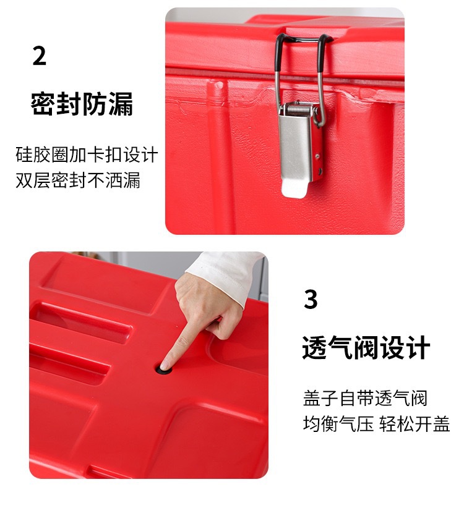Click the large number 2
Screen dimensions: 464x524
(x=39, y=56)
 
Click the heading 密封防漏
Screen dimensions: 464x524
(x=82, y=104)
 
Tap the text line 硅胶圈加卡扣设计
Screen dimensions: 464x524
(x=87, y=154)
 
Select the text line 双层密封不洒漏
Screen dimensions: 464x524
(x=78, y=180)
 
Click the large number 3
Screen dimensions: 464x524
(x=311, y=299)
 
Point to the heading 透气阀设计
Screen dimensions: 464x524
(x=366, y=347)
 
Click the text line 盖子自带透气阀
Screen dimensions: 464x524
(x=365, y=398)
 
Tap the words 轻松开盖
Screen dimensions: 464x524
(x=415, y=424)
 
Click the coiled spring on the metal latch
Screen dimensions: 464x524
(x=299, y=108)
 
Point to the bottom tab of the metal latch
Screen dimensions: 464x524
(x=294, y=188)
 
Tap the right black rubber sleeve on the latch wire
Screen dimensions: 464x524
(x=322, y=53)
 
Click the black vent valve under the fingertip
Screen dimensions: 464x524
(x=163, y=370)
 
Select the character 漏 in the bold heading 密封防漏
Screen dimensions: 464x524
(x=121, y=104)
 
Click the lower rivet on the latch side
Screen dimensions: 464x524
(x=319, y=172)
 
